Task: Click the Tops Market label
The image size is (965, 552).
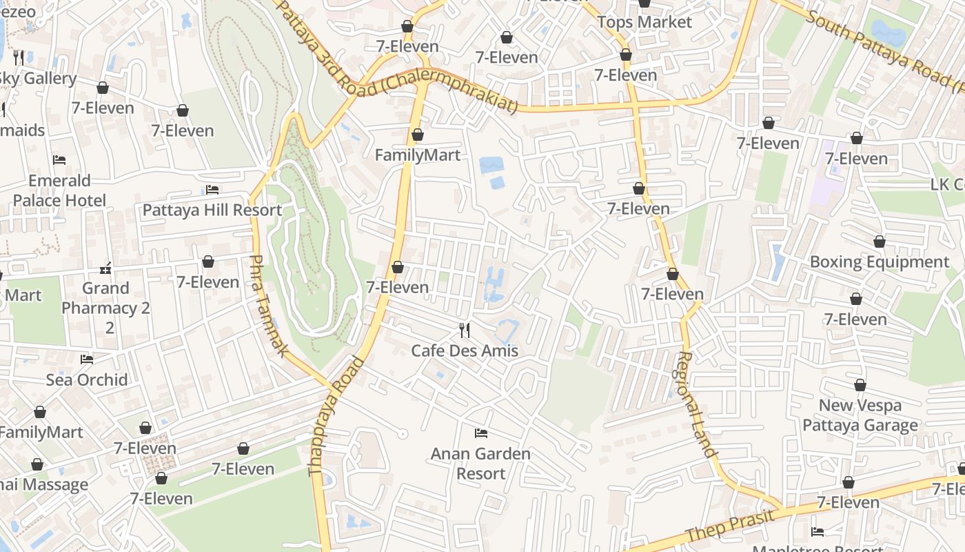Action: (644, 22)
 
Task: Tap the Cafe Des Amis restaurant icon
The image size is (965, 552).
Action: (465, 331)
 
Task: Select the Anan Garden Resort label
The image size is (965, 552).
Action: (480, 464)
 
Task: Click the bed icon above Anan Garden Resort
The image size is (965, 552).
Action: (481, 433)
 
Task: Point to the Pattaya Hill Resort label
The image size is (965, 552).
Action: (212, 210)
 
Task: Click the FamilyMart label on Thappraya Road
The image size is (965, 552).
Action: (417, 155)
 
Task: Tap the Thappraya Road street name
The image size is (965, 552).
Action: (336, 415)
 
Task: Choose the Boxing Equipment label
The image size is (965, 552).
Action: (879, 262)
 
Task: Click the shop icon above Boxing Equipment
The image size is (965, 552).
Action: (879, 241)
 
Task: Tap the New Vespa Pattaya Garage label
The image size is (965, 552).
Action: (860, 415)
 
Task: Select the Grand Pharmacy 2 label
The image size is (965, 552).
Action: (105, 298)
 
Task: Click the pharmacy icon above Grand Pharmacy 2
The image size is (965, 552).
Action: (105, 268)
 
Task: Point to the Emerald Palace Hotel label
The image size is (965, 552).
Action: (59, 190)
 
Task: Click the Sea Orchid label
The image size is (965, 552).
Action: (87, 379)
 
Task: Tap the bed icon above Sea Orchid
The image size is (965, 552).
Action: (87, 359)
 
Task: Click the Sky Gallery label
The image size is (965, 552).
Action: (38, 79)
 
